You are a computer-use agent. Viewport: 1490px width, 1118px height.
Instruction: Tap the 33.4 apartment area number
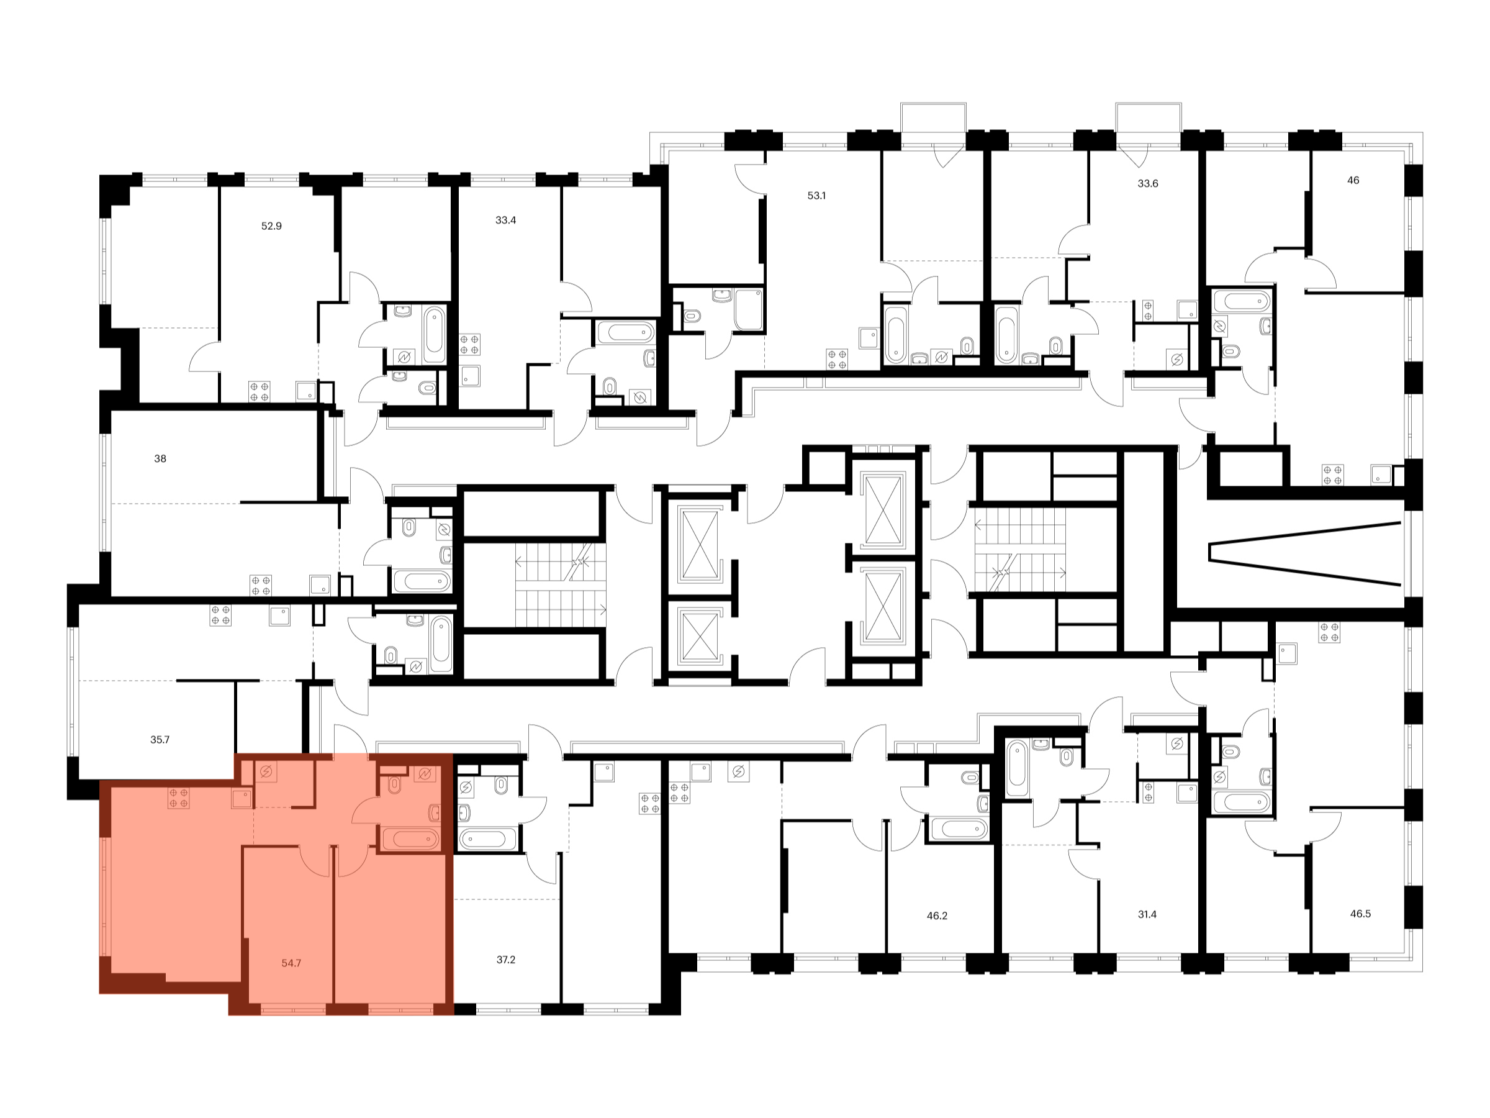tap(505, 220)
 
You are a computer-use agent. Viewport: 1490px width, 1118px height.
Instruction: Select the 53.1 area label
tap(816, 196)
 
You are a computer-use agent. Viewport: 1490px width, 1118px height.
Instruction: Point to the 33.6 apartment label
tap(1148, 183)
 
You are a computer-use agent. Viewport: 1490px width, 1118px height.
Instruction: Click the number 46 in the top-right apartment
tap(1353, 181)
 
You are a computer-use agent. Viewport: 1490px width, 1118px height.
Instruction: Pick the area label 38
tap(160, 459)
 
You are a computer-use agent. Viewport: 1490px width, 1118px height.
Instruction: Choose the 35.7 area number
tap(160, 740)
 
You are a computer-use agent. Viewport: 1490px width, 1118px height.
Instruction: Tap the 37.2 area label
tap(506, 960)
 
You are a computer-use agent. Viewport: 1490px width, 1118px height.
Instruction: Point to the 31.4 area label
tap(1147, 915)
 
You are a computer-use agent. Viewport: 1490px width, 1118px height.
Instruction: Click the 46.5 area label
tap(1361, 914)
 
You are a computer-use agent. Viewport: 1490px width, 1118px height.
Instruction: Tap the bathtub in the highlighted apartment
tap(410, 840)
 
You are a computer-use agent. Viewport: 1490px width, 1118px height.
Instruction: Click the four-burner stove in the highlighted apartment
tap(179, 798)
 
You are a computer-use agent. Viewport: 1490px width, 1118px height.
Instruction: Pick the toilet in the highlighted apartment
tap(395, 785)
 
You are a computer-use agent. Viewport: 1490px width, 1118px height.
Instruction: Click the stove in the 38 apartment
tap(261, 586)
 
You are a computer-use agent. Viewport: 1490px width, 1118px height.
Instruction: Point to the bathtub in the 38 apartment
tap(421, 581)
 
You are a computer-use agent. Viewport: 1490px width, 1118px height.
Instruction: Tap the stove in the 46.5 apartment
tap(1329, 632)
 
